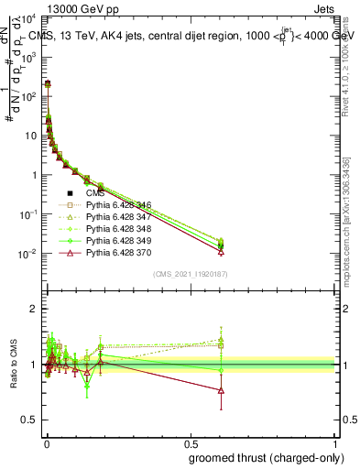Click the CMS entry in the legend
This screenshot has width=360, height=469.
click(x=96, y=193)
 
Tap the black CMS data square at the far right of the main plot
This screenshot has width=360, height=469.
click(x=221, y=246)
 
